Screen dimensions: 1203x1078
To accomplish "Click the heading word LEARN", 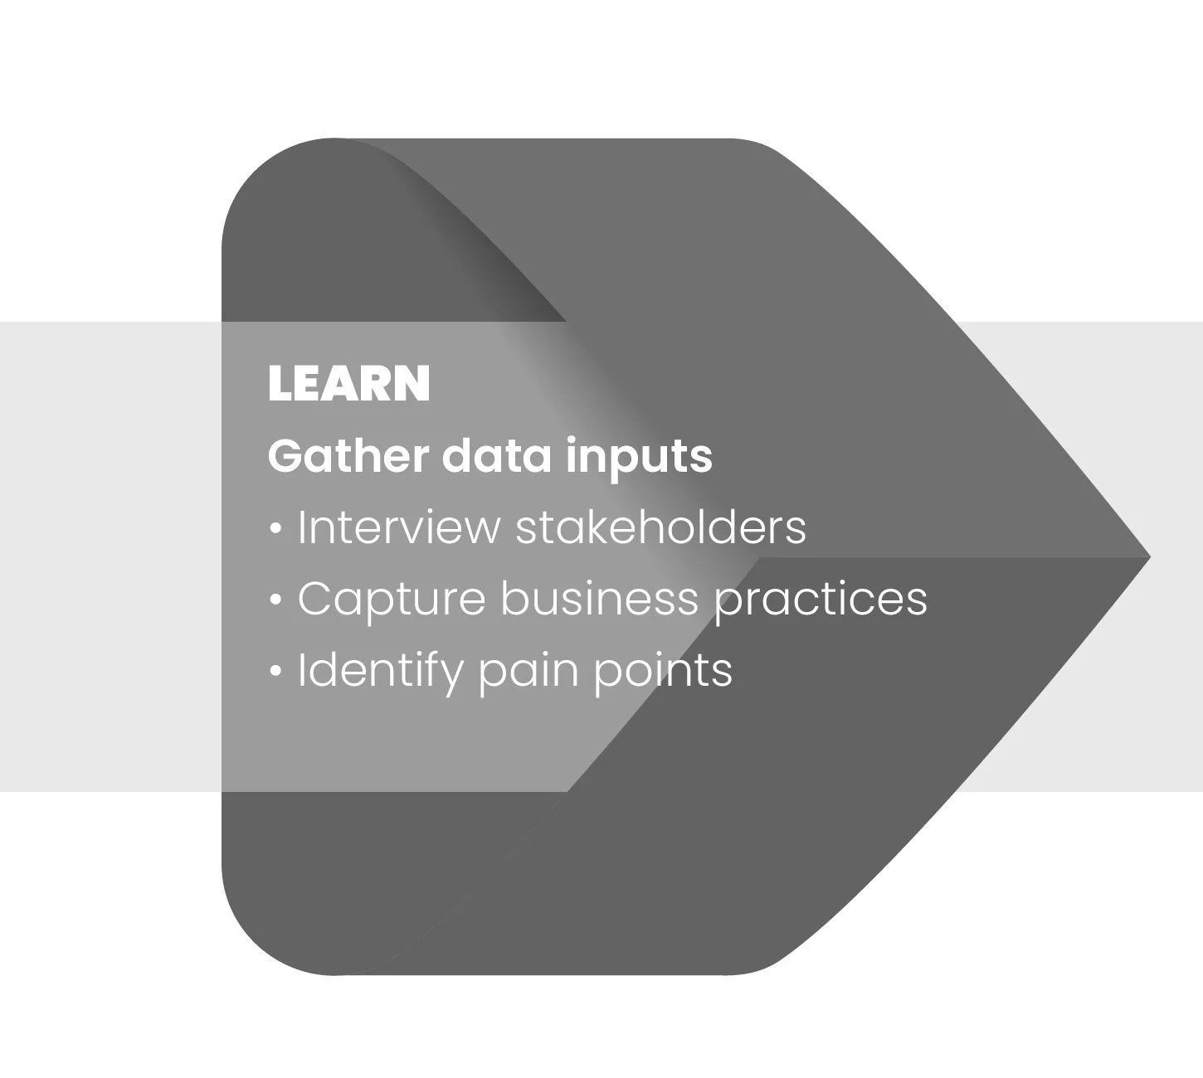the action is pos(348,383).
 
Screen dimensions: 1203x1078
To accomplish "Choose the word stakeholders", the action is pos(660,527).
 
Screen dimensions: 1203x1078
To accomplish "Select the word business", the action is pos(599,599).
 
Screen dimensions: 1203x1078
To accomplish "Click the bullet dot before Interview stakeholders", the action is pos(276,528).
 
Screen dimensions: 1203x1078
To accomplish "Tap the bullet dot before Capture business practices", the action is pos(276,600).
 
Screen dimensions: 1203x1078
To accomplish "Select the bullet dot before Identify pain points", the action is pos(276,671).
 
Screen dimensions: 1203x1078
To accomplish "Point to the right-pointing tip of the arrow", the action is pos(1147,556).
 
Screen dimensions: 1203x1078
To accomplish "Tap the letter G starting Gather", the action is pos(285,456).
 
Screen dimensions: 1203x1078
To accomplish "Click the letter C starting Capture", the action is pos(314,599).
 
